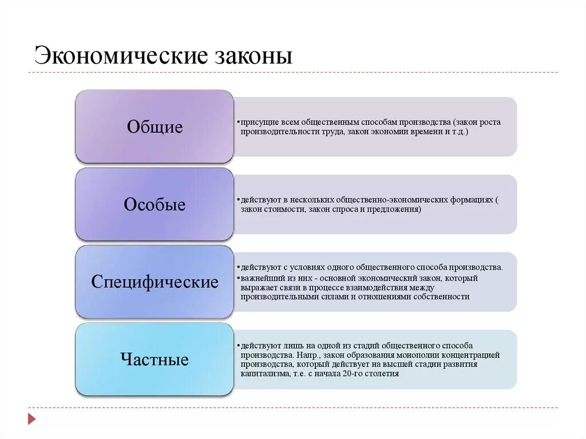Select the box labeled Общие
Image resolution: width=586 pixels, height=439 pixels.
pos(155,126)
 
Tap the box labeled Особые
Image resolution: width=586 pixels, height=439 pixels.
pos(155,204)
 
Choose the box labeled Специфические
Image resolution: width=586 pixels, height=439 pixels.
pos(155,282)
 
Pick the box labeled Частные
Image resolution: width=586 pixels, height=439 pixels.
pos(155,359)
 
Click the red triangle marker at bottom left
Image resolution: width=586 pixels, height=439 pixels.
pos(32,420)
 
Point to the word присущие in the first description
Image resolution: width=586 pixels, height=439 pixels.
pos(259,122)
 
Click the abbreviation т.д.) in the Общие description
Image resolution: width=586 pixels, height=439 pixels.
pos(459,132)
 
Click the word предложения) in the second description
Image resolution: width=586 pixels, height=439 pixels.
pos(395,209)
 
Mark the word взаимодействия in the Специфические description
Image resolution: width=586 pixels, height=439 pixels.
pos(390,287)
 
